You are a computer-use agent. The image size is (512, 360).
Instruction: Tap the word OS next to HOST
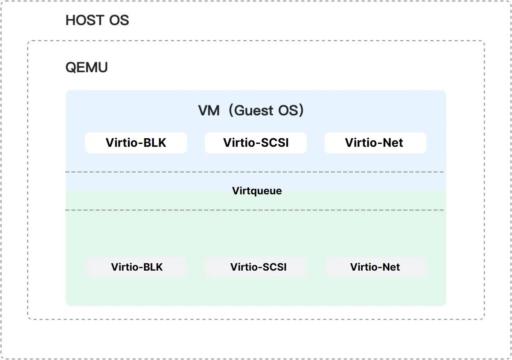(119, 20)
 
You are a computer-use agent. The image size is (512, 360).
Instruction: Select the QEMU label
(87, 67)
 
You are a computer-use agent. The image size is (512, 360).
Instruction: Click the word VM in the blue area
(209, 111)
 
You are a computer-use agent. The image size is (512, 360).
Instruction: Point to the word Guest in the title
(254, 111)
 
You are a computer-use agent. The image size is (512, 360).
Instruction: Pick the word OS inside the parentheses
(288, 111)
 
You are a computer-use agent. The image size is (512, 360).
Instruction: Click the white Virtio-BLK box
(136, 143)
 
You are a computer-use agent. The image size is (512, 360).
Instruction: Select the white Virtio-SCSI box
(256, 143)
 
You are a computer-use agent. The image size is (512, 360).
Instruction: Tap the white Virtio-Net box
(375, 143)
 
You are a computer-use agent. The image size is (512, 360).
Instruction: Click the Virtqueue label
(257, 191)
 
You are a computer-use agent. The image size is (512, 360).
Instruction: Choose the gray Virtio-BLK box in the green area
(137, 267)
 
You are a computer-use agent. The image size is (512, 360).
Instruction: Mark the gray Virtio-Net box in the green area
(376, 267)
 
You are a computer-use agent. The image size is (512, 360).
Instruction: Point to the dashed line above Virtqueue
(255, 172)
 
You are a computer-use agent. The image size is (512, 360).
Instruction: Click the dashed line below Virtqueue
(255, 210)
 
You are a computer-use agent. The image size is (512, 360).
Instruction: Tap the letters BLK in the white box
(155, 143)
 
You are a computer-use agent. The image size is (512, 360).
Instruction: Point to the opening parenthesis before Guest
(231, 111)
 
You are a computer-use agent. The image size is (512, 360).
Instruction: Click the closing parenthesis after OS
(301, 111)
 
